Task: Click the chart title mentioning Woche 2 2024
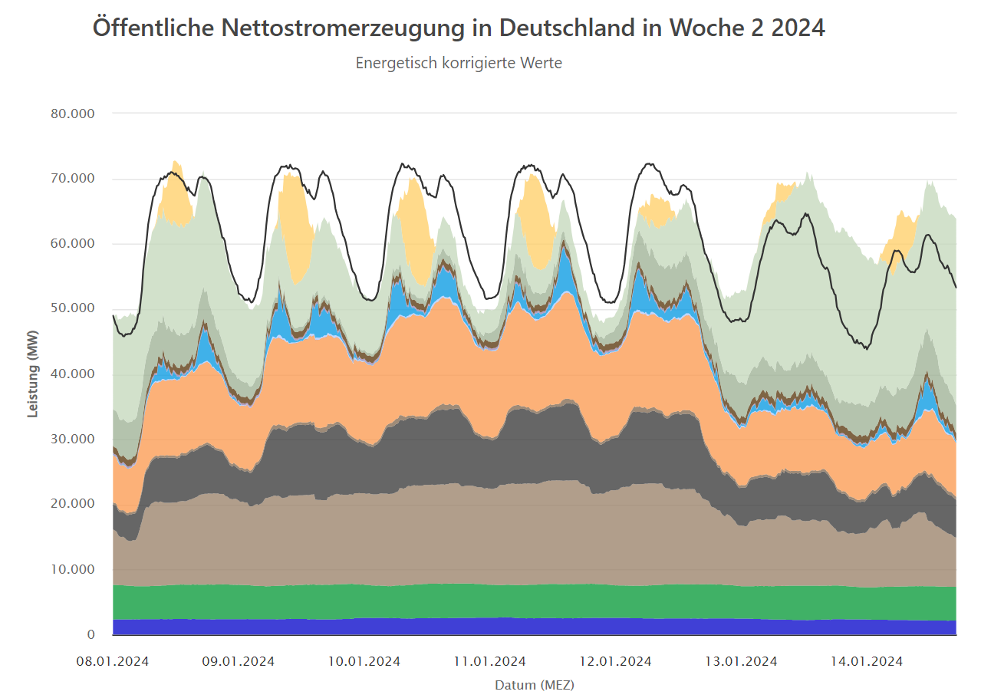pos(459,28)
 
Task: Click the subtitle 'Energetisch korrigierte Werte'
pos(459,63)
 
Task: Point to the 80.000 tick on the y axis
pos(74,114)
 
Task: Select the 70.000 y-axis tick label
pos(74,179)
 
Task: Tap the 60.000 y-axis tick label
pos(74,244)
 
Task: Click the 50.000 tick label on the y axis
pos(74,308)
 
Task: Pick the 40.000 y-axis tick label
pos(74,374)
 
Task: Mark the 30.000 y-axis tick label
pos(74,439)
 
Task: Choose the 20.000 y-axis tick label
pos(74,504)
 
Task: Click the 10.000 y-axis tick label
pos(74,569)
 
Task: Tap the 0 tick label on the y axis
pos(91,634)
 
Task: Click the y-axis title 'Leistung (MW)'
pos(33,380)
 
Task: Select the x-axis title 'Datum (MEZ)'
pos(535,684)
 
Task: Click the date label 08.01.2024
pos(114,661)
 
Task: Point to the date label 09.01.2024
pos(239,661)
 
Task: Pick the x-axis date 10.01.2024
pos(364,661)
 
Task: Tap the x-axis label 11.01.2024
pos(490,661)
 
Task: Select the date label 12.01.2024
pos(616,661)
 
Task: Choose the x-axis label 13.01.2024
pos(742,661)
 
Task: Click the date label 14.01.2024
pos(867,661)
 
